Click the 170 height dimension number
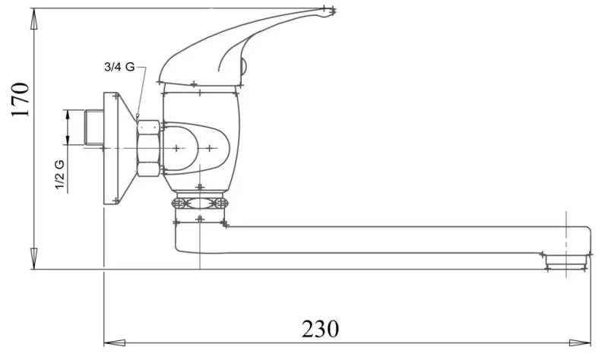pyautogui.click(x=21, y=99)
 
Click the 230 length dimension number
pyautogui.click(x=320, y=329)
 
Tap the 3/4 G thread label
pyautogui.click(x=119, y=67)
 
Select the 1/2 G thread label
pyautogui.click(x=59, y=175)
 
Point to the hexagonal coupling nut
pyautogui.click(x=148, y=148)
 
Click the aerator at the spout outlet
pyautogui.click(x=566, y=261)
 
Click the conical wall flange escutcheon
pyautogui.click(x=119, y=148)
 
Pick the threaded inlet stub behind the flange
pyautogui.click(x=93, y=128)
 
